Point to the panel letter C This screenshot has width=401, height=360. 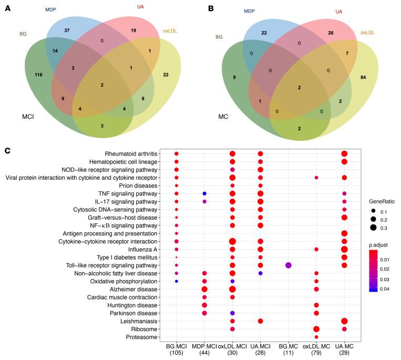click(7, 151)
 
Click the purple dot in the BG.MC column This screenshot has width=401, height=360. click(288, 265)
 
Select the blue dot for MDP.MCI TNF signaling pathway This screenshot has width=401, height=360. click(204, 194)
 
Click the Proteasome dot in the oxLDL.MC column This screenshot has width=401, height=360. click(316, 337)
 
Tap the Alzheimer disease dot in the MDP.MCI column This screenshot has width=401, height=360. click(204, 289)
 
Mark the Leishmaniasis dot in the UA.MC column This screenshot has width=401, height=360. click(344, 321)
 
